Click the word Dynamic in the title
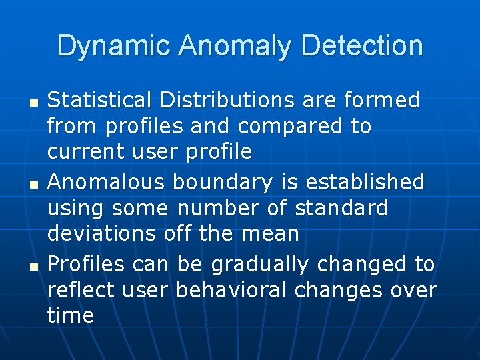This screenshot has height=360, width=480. [x=114, y=46]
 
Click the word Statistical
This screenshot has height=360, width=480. [x=99, y=100]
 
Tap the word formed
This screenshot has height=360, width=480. [x=382, y=100]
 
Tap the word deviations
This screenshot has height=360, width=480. [x=101, y=233]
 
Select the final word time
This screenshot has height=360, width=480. [x=71, y=315]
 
